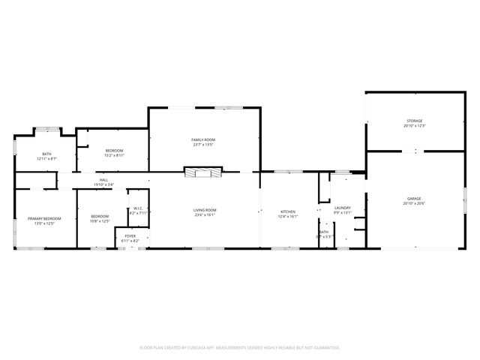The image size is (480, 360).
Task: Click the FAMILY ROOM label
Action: (x=202, y=140)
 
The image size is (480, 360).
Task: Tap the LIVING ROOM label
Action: (x=205, y=210)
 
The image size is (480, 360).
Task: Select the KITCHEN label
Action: (x=288, y=211)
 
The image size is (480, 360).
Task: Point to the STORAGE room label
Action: (x=415, y=121)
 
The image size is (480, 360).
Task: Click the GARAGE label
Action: (x=415, y=199)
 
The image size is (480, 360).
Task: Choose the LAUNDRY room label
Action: (x=343, y=208)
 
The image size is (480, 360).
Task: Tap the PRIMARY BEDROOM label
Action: (x=44, y=218)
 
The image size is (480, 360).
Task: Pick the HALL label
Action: (x=103, y=180)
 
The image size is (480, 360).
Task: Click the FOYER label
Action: (x=130, y=235)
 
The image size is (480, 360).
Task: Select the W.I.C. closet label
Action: (x=139, y=208)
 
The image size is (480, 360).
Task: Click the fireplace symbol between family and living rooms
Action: (x=203, y=172)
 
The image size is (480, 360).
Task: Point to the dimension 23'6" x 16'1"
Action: (x=205, y=215)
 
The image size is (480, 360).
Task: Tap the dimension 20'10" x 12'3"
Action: (x=415, y=126)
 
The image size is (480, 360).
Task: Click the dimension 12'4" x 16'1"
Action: (x=288, y=217)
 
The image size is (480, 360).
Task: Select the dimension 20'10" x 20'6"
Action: (x=415, y=204)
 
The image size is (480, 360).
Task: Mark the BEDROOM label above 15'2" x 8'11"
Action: (x=114, y=151)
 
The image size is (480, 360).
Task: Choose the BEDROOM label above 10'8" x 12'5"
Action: (x=100, y=216)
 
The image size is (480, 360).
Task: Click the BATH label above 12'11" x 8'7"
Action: (x=46, y=154)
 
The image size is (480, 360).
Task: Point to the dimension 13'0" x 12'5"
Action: (x=44, y=223)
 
